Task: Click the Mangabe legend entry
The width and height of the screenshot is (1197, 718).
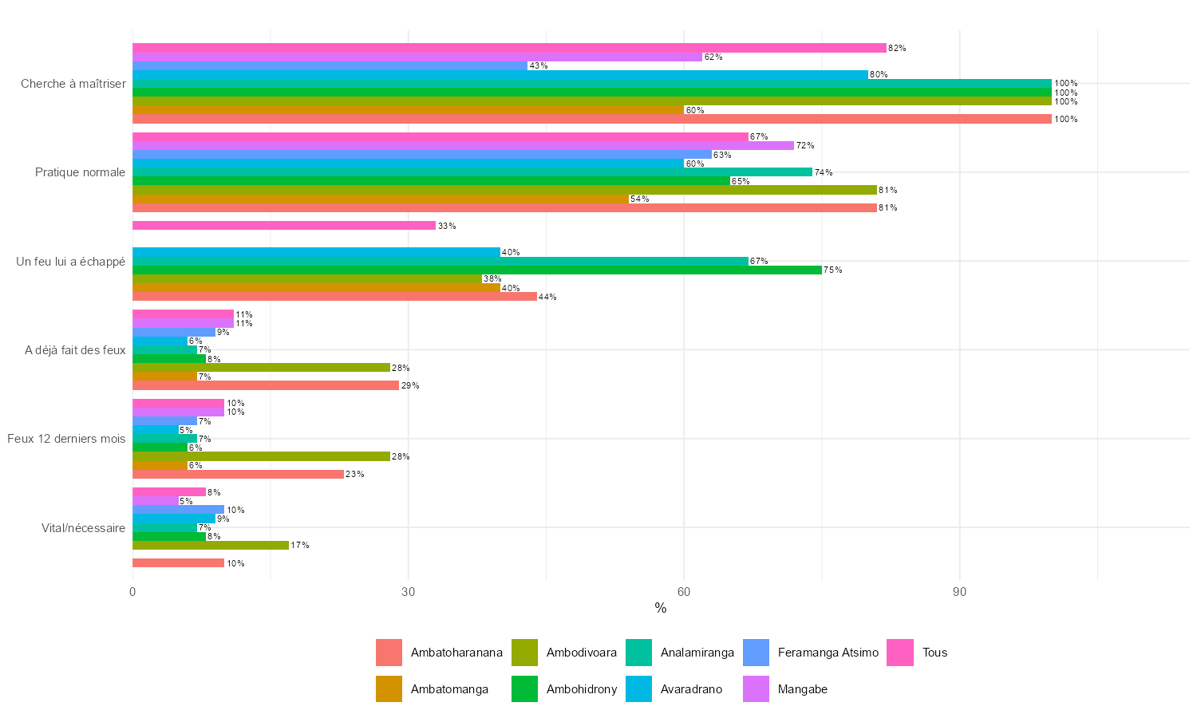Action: [x=802, y=689]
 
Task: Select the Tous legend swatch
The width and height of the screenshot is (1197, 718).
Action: [x=900, y=653]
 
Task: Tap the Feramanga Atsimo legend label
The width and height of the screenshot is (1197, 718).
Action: [x=828, y=653]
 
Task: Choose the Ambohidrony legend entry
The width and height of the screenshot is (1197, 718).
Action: [x=581, y=689]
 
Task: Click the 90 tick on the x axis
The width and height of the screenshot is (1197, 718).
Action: [x=959, y=592]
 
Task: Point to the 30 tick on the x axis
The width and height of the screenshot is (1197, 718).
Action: [x=408, y=592]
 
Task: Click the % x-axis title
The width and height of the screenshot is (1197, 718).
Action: [x=660, y=609]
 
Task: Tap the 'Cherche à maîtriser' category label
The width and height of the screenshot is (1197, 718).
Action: [x=73, y=84]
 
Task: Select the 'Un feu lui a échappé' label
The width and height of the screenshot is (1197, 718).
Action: [x=71, y=262]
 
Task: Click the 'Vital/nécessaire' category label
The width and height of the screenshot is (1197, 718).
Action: [x=84, y=527]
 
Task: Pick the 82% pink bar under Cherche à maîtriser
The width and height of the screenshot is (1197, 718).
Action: [x=509, y=48]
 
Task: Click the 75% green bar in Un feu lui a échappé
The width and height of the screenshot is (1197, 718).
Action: [x=476, y=270]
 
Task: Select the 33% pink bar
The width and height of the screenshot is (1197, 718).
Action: [x=283, y=226]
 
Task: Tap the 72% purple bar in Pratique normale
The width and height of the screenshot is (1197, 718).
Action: [x=463, y=145]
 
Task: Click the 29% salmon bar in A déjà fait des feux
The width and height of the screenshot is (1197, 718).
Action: [x=265, y=385]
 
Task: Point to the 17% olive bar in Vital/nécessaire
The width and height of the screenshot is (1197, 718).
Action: [x=210, y=546]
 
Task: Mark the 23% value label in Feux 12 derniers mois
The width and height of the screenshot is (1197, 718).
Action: [x=355, y=475]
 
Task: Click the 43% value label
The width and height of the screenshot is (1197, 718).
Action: [x=538, y=65]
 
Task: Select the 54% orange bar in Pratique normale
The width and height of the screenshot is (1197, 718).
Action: [x=380, y=199]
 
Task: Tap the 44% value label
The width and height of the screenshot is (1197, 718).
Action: [x=547, y=297]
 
